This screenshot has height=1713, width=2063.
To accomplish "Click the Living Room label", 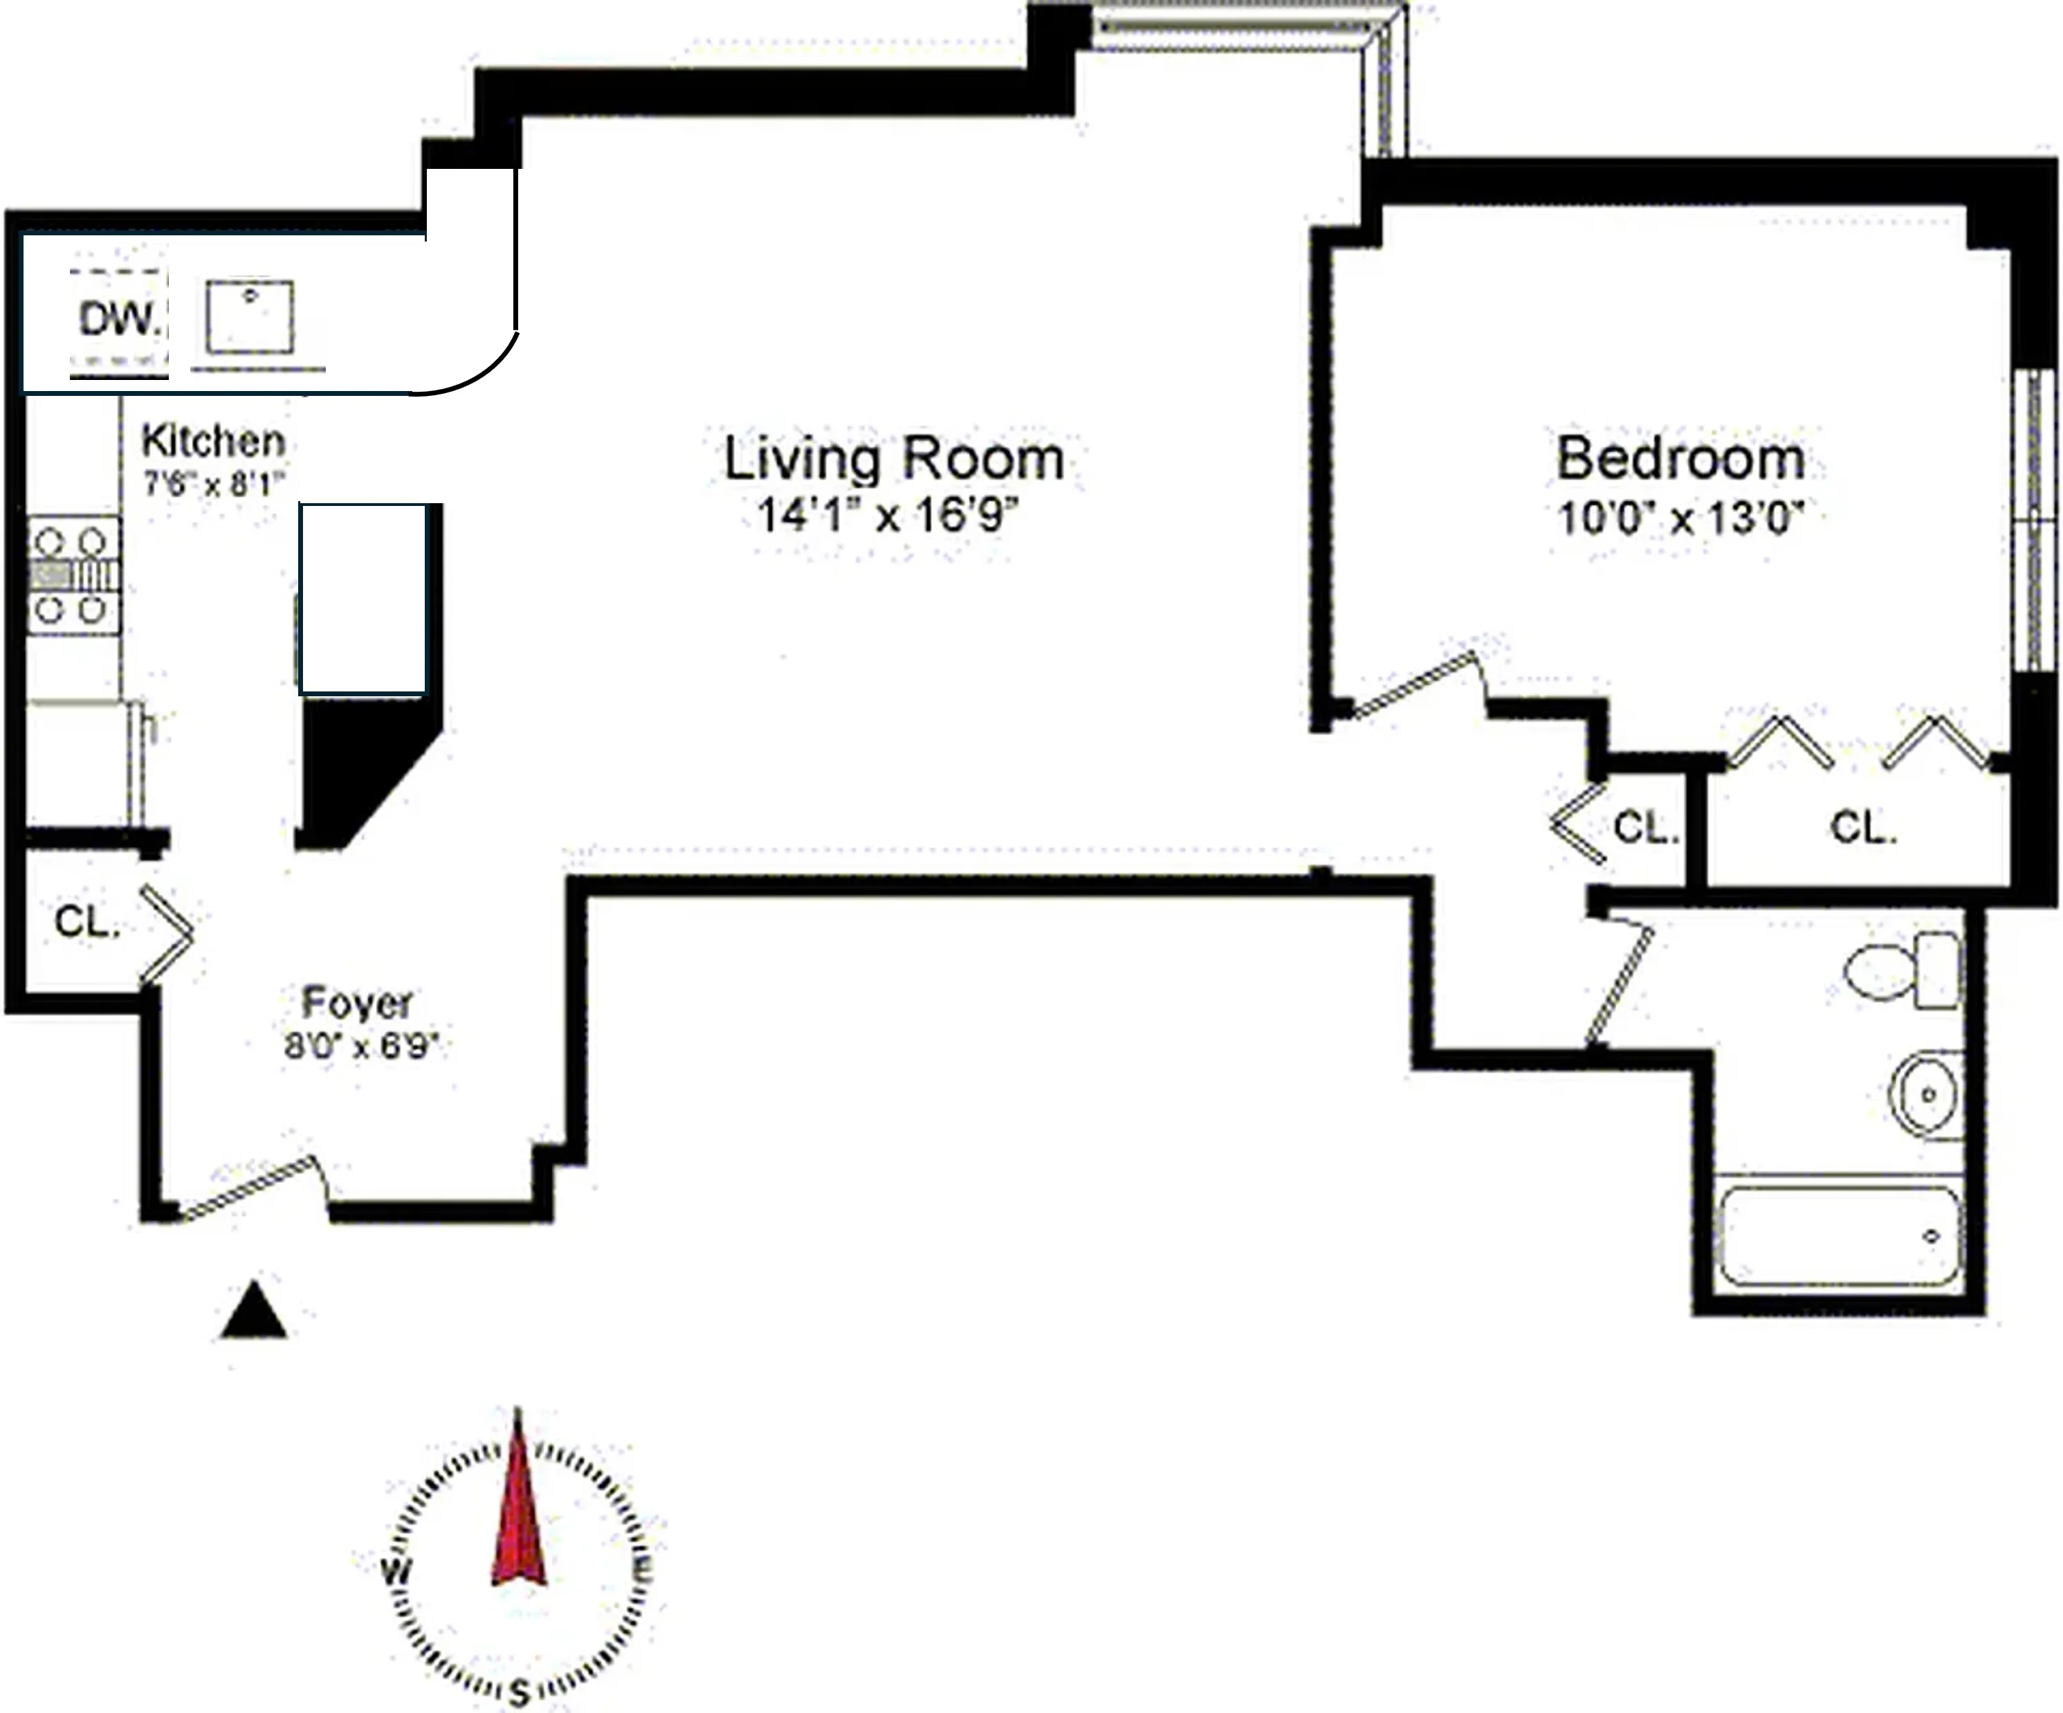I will pos(894,459).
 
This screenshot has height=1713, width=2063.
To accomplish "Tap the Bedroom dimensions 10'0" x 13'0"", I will pos(1682,518).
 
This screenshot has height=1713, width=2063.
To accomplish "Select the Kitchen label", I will pos(213,442).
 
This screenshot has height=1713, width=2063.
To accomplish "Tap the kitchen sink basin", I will pos(250,316).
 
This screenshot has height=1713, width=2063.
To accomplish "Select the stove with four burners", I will pos(72,576).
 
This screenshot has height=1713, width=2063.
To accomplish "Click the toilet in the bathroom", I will pos(1901,970).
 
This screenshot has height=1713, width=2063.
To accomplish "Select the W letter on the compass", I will pos(396,1570).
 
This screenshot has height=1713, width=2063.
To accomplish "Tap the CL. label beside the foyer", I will pos(86,922).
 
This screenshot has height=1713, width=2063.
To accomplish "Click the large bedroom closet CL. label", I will pos(1862,828).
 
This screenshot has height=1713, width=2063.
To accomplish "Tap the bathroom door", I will pos(1619,983).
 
